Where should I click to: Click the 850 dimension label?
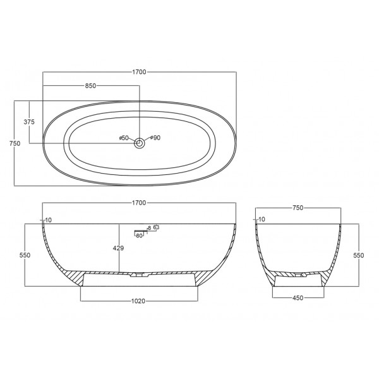[x=90, y=86]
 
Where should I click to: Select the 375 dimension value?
[x=29, y=122]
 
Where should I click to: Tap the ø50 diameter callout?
[x=124, y=138]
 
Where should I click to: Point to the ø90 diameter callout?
[x=155, y=138]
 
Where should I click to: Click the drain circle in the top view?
[x=140, y=143]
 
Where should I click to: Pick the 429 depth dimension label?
[x=119, y=248]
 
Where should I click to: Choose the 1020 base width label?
[x=138, y=301]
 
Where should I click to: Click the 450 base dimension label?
[x=298, y=298]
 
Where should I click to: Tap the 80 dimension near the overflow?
[x=139, y=236]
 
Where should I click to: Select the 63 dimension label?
[x=156, y=227]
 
